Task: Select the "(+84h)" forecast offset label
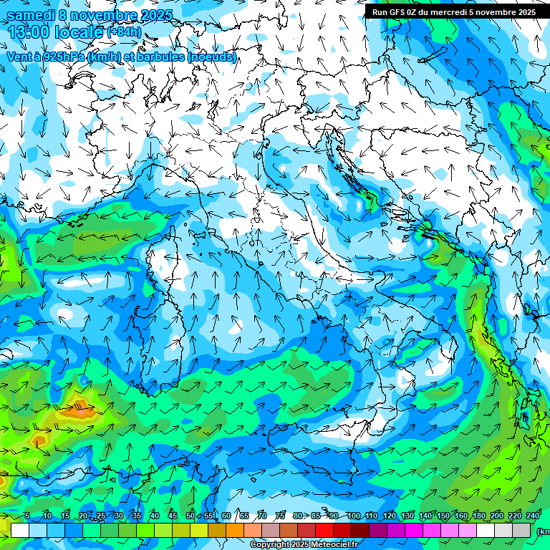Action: point(124,32)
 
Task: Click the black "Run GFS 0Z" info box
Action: point(454,11)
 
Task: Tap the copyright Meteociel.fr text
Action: point(304,545)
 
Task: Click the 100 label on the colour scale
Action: point(353,516)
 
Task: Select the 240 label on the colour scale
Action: point(532,516)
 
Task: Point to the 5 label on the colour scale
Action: point(27,516)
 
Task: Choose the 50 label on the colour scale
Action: point(190,516)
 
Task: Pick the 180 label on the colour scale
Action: point(478,516)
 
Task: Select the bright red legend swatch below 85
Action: point(324,530)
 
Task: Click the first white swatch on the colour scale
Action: point(20,530)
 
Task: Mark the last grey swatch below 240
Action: point(521,530)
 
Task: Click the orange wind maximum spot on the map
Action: point(81,410)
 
